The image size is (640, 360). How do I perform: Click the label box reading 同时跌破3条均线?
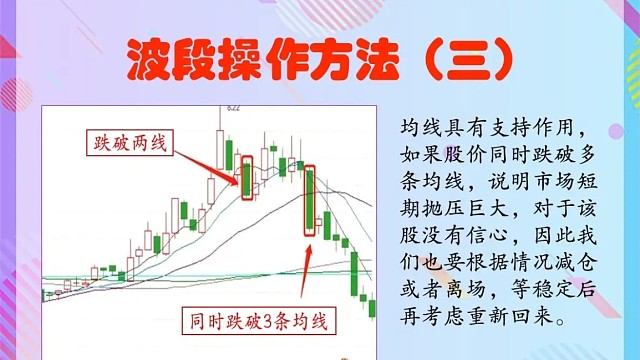coord(259,321)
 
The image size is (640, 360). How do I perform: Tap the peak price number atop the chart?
coord(232,107)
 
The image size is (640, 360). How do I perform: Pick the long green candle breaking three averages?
coord(311,202)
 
